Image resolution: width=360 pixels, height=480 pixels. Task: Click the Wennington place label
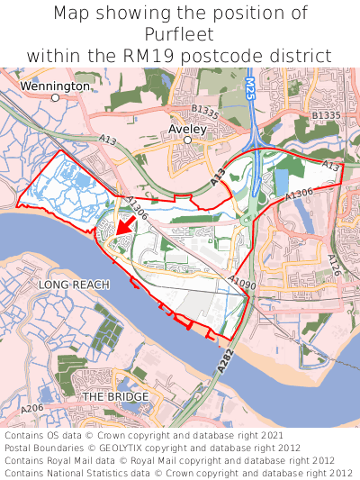[x=55, y=86]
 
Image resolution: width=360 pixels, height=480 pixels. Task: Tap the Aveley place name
[x=187, y=129]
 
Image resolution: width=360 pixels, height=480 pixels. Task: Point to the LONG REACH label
[x=74, y=285]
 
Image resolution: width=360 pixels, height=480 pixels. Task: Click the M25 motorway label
[x=249, y=90]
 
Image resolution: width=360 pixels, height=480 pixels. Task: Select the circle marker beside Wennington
[x=55, y=97]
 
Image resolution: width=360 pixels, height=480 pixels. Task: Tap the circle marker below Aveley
[x=188, y=140]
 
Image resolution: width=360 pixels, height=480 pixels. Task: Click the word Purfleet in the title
[x=180, y=35]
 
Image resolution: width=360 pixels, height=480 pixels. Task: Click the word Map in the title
[x=71, y=14]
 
